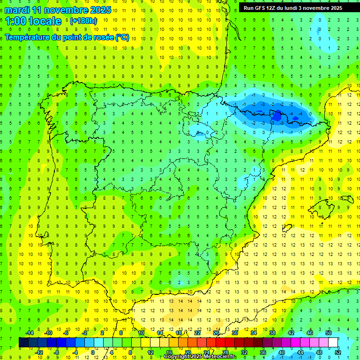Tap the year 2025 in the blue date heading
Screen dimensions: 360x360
[x=99, y=10]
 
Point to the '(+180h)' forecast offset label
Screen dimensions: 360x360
[x=83, y=21]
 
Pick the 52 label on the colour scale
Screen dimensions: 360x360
[x=338, y=352]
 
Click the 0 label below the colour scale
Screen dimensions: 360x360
[x=93, y=352]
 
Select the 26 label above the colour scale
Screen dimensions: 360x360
[x=216, y=333]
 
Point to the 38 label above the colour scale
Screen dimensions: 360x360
[x=272, y=333]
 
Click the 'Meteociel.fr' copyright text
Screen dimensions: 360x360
[x=220, y=357]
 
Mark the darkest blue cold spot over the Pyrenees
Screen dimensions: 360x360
[x=277, y=114]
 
